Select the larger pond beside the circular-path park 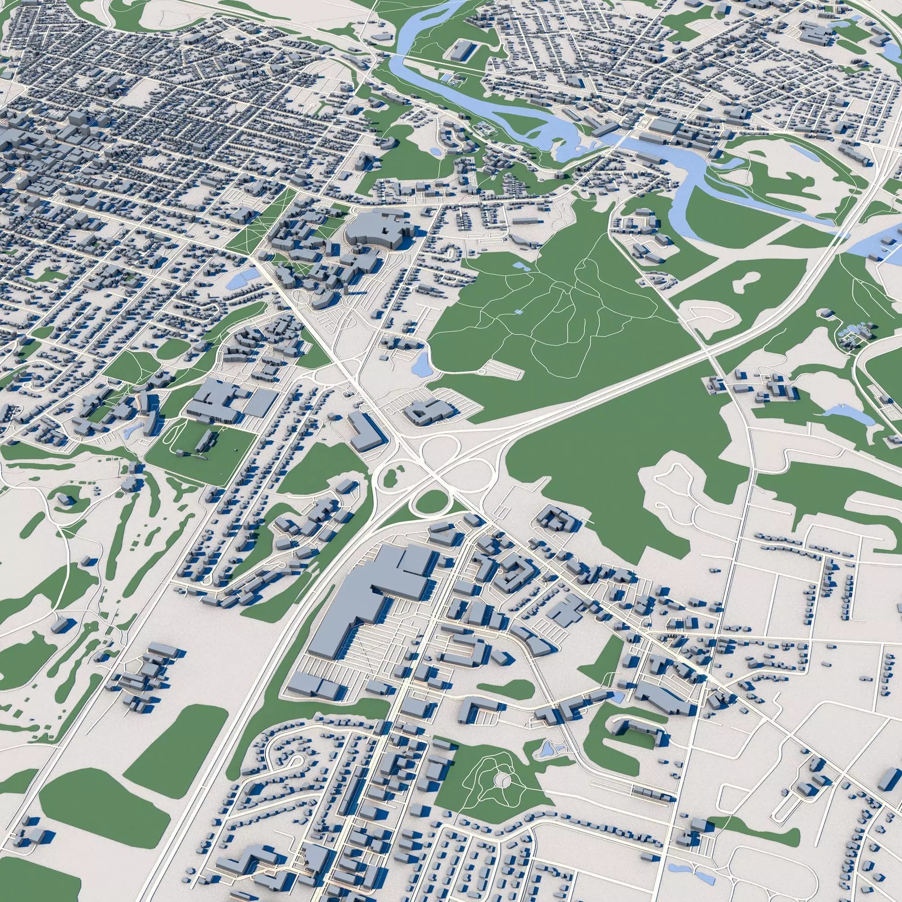click(545, 764)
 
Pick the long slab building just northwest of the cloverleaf click(366, 430)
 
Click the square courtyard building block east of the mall click(514, 572)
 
